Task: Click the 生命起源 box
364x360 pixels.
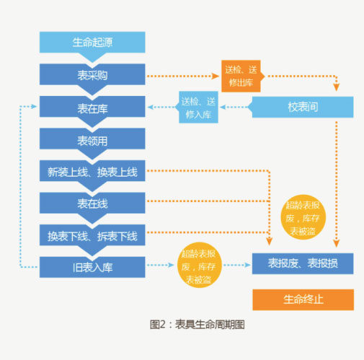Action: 92,43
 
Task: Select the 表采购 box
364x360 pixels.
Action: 92,74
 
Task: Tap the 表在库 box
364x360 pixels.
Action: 92,107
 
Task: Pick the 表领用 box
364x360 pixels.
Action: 92,139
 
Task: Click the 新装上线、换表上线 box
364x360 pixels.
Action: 92,171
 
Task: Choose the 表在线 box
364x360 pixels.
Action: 92,203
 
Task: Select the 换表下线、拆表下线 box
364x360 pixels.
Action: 92,235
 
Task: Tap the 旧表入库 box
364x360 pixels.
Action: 92,267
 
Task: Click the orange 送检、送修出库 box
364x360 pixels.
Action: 241,76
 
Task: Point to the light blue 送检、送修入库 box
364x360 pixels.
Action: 198,107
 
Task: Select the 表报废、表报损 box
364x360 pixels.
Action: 303,263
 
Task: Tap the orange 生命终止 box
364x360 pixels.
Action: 303,299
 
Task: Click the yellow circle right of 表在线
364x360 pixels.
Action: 303,217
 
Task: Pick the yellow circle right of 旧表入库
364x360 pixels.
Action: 200,265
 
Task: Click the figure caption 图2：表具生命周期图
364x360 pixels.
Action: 197,325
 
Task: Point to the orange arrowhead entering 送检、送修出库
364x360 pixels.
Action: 216,76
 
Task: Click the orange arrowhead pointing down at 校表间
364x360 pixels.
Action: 337,87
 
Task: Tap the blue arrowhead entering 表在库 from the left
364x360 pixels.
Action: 34,106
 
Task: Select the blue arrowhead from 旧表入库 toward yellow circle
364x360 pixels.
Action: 171,265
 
